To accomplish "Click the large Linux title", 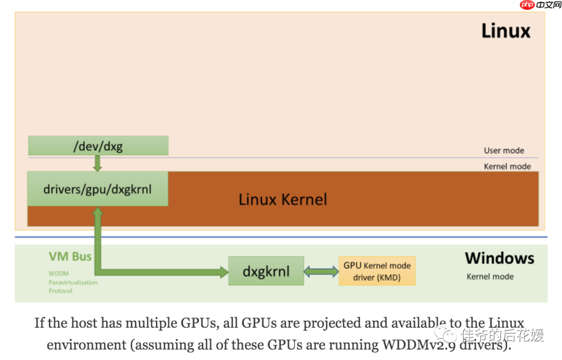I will [505, 31].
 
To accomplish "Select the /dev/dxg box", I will [98, 146].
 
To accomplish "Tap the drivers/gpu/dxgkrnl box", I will [98, 188].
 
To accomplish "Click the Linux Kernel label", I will [283, 199].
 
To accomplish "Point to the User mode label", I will [504, 150].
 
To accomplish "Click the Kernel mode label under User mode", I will [507, 166].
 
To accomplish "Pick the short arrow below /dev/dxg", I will [97, 163].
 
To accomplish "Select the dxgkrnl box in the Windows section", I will [266, 271].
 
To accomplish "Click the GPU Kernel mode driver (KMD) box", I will [377, 271].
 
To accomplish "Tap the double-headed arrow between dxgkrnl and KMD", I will [321, 271].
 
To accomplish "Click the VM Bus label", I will [70, 256].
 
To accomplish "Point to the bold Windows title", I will [499, 258].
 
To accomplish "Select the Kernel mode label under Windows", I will [490, 277].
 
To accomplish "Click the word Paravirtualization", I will [73, 282].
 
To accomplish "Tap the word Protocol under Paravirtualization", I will [60, 291].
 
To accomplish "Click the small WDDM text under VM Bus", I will [58, 273].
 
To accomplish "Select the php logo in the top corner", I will [528, 5].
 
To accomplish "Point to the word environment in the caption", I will [86, 344].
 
